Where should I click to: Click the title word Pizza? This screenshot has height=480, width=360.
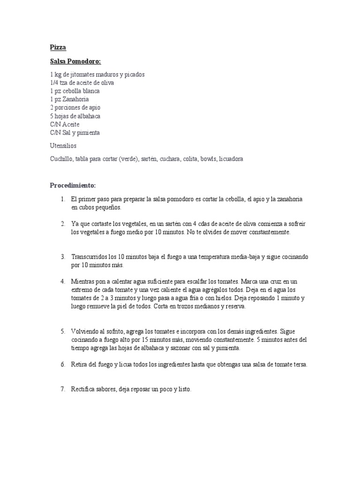pyautogui.click(x=58, y=47)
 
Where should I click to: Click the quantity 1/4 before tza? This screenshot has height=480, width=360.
pyautogui.click(x=54, y=83)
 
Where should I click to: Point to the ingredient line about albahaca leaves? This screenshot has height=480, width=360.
pyautogui.click(x=75, y=116)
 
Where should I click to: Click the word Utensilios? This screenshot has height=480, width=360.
pyautogui.click(x=63, y=146)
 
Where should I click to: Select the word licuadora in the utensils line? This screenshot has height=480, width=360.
pyautogui.click(x=230, y=159)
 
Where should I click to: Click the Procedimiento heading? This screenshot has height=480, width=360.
pyautogui.click(x=73, y=185)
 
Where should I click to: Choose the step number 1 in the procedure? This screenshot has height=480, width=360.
pyautogui.click(x=62, y=199)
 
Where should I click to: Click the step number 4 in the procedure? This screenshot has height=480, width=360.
pyautogui.click(x=62, y=282)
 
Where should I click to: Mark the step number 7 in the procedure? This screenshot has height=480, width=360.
pyautogui.click(x=62, y=390)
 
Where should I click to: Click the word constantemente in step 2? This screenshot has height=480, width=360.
pyautogui.click(x=269, y=232)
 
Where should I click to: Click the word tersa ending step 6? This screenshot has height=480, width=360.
pyautogui.click(x=300, y=365)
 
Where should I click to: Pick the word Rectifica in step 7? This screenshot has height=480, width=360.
pyautogui.click(x=84, y=390)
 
